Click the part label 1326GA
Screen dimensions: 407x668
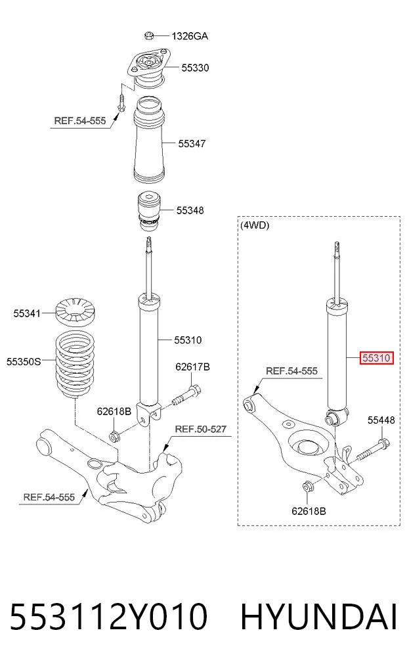click(x=190, y=36)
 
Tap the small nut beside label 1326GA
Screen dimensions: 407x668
click(x=148, y=35)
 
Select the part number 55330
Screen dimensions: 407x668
click(x=195, y=68)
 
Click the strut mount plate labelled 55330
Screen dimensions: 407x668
click(x=148, y=68)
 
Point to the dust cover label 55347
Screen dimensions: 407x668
click(x=192, y=144)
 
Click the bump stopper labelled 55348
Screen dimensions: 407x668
click(x=150, y=212)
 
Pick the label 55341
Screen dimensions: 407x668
click(x=27, y=313)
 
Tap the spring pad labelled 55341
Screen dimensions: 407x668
click(x=75, y=311)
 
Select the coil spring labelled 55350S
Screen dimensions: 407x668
click(x=75, y=365)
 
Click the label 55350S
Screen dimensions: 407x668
click(x=24, y=362)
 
